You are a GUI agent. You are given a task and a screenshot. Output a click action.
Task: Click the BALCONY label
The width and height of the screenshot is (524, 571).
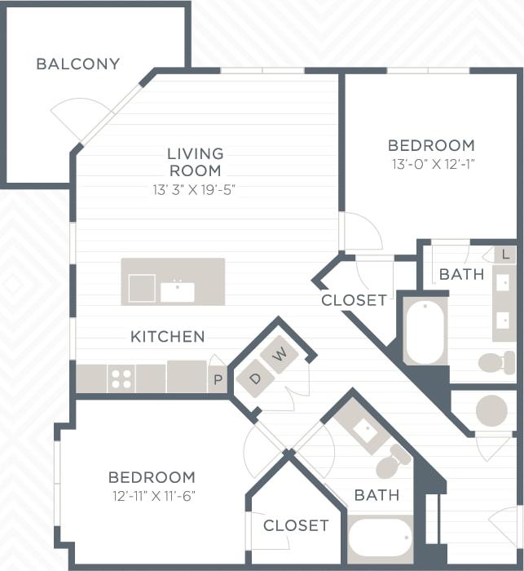click(77, 64)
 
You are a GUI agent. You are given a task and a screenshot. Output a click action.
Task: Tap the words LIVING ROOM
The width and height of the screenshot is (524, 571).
click(195, 162)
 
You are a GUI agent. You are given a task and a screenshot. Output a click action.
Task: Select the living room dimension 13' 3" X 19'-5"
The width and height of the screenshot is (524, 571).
click(195, 190)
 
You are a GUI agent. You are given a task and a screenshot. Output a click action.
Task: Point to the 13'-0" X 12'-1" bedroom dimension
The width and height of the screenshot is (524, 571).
click(431, 164)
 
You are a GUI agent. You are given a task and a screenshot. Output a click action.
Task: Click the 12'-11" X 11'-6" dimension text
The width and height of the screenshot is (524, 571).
click(152, 495)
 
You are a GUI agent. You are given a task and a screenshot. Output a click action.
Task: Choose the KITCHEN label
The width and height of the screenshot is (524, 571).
click(168, 336)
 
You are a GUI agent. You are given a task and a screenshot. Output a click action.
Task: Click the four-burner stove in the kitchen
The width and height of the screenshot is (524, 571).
click(121, 378)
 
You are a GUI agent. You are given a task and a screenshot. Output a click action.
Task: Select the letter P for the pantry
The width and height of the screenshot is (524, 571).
click(218, 380)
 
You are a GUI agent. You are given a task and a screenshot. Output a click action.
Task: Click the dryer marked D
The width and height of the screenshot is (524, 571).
click(254, 378)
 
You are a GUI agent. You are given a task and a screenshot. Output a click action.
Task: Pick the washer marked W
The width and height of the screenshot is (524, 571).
click(280, 355)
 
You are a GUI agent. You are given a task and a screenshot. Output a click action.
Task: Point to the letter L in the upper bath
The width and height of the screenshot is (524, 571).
click(505, 255)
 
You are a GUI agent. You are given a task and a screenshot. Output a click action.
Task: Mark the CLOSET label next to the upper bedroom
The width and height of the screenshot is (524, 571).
click(354, 300)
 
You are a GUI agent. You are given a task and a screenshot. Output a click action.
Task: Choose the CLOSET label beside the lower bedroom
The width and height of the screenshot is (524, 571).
click(296, 525)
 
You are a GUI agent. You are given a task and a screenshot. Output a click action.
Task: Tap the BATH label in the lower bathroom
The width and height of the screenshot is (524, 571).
click(376, 494)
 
